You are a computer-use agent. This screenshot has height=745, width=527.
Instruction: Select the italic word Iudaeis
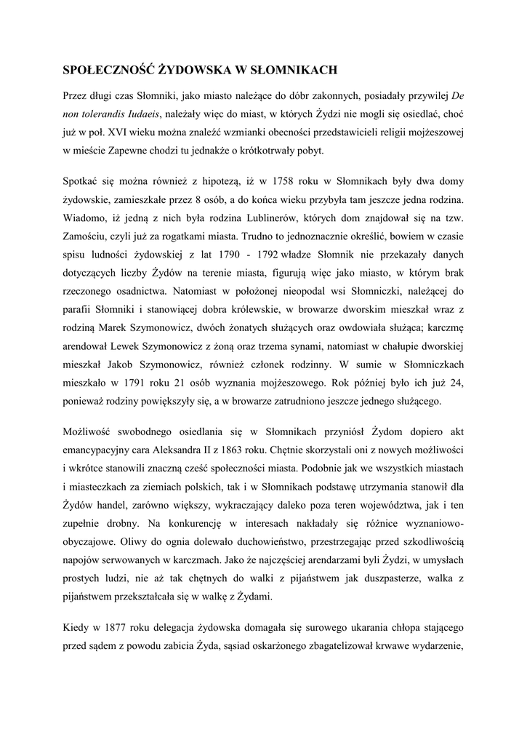(x=137, y=113)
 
